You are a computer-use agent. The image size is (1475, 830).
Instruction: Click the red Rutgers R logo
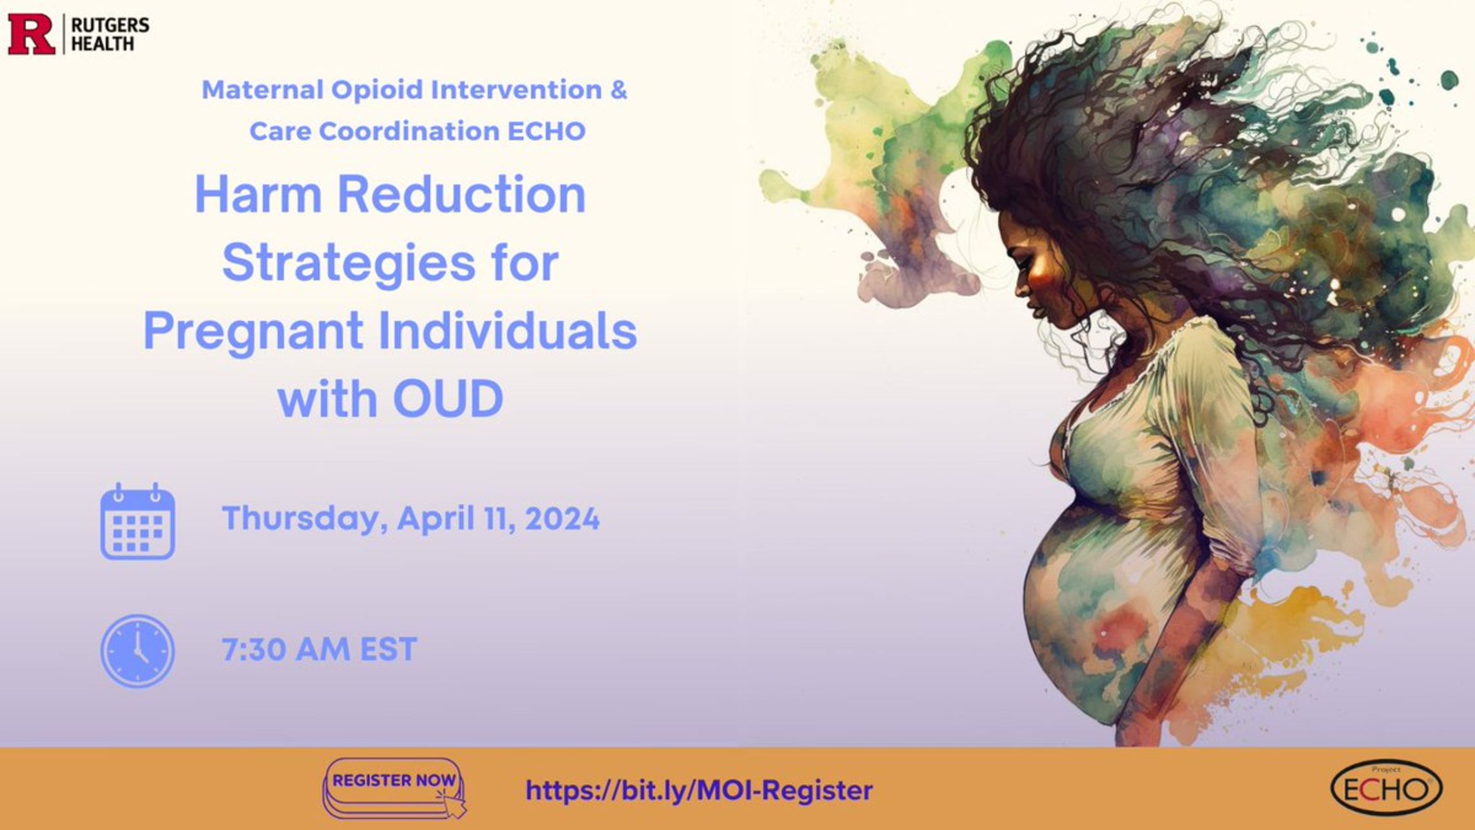click(32, 34)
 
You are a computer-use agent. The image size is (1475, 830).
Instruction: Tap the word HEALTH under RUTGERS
click(103, 44)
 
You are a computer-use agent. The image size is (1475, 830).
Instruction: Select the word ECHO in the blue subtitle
click(547, 131)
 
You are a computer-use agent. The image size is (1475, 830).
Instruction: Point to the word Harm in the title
click(258, 194)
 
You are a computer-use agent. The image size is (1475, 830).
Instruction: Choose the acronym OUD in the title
click(448, 398)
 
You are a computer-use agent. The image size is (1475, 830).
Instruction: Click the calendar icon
click(137, 521)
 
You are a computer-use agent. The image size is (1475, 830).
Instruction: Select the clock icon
click(137, 651)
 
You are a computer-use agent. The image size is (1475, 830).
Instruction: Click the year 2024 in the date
click(562, 518)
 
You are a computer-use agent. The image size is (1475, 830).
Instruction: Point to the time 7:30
click(254, 649)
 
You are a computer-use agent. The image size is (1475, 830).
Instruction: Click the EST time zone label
click(388, 649)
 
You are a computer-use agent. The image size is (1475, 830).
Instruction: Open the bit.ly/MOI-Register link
click(699, 791)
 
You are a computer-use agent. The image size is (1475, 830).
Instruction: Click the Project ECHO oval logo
click(1386, 788)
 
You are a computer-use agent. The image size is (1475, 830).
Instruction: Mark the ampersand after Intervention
click(619, 90)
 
